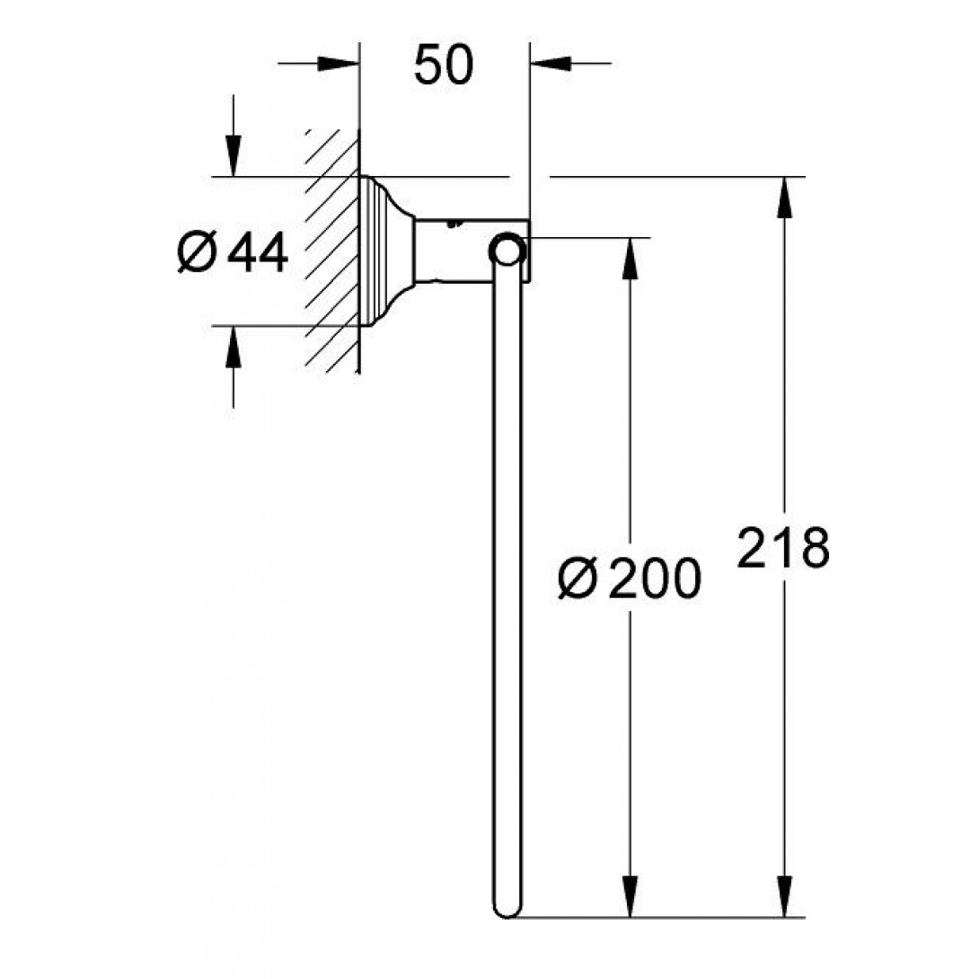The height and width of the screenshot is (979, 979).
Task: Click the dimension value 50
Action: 444,65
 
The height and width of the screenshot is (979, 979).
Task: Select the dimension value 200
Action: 655,578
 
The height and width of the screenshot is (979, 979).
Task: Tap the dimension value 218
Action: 783,548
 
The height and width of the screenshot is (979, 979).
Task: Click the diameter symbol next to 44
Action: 197,251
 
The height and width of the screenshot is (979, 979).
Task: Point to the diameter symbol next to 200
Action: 578,578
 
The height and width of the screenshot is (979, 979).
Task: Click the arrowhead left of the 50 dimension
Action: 339,64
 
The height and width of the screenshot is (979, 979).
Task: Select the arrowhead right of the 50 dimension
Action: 551,64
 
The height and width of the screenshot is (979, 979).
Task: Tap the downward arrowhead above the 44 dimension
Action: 233,155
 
